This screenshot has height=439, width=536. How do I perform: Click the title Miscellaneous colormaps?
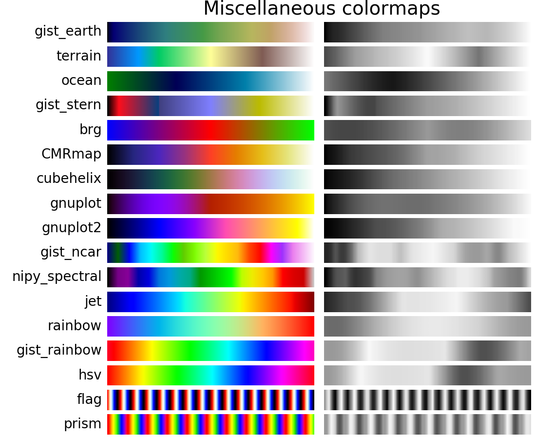[x=322, y=9]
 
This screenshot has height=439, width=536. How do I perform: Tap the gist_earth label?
[x=68, y=32]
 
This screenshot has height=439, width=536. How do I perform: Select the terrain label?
[x=79, y=56]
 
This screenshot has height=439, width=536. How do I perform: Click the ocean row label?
[x=81, y=80]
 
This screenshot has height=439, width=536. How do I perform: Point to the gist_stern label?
[x=69, y=105]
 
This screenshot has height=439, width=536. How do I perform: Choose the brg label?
[x=91, y=130]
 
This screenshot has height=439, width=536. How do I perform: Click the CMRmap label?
[x=72, y=154]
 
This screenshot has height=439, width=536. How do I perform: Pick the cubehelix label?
[x=69, y=179]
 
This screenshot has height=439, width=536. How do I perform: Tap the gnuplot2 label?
[x=72, y=228]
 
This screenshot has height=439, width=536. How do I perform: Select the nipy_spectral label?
[x=57, y=277]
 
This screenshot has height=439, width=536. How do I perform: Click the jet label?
[x=93, y=301]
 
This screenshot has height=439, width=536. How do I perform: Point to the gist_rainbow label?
[x=59, y=350]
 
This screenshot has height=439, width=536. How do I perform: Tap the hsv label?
[x=90, y=375]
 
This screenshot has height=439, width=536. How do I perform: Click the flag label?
[x=90, y=399]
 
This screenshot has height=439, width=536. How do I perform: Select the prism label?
[x=83, y=424]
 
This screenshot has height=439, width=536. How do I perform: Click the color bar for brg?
[x=211, y=130]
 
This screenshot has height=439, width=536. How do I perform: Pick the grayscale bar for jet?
[x=427, y=301]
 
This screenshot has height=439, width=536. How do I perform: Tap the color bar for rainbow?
[x=211, y=326]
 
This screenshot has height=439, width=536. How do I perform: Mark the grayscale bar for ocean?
[x=427, y=80]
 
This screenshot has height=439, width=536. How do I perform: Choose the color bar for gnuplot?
[x=211, y=203]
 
